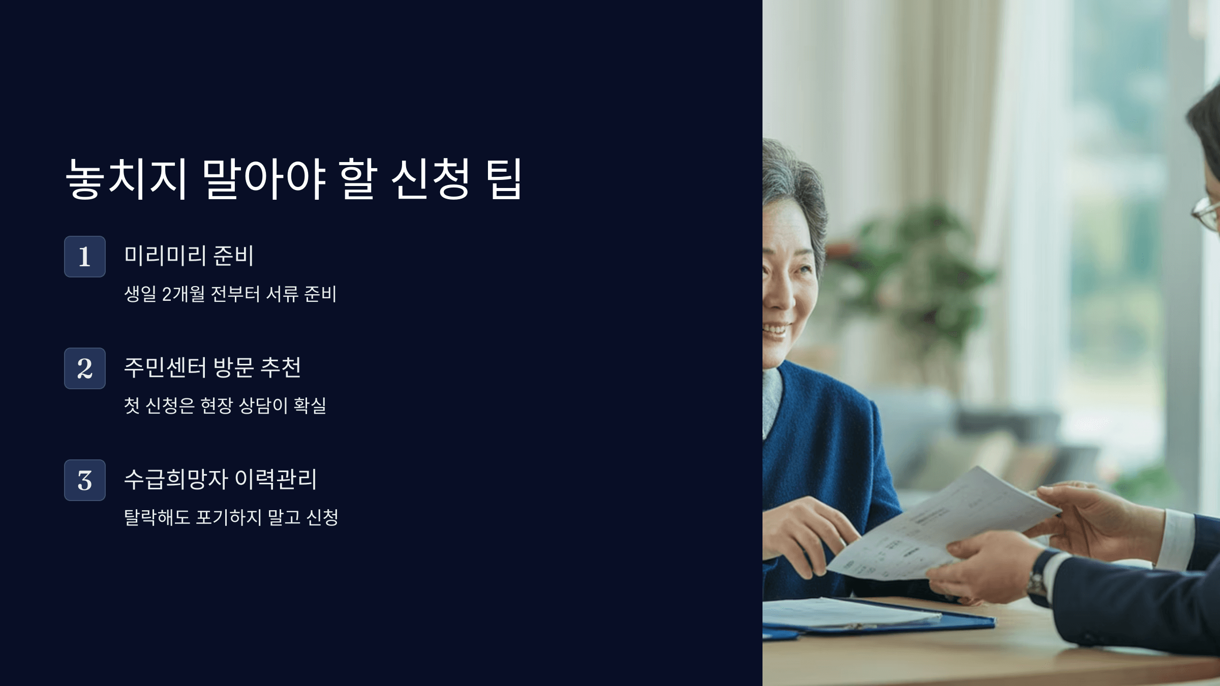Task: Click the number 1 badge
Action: pyautogui.click(x=85, y=257)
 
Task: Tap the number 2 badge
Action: pyautogui.click(x=85, y=368)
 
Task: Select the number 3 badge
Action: pyautogui.click(x=85, y=480)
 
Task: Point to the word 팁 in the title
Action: pyautogui.click(x=504, y=179)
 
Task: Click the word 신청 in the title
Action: pyautogui.click(x=430, y=179)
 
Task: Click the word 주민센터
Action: pyautogui.click(x=165, y=367)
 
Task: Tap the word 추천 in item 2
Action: pyautogui.click(x=281, y=367)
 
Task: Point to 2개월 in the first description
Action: pyautogui.click(x=184, y=294)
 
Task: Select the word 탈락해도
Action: pyautogui.click(x=157, y=518)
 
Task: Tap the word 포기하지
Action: pyautogui.click(x=229, y=518)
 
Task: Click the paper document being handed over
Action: pyautogui.click(x=940, y=528)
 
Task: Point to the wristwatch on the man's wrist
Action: pyautogui.click(x=1037, y=579)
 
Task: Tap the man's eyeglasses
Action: pyautogui.click(x=1207, y=213)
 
